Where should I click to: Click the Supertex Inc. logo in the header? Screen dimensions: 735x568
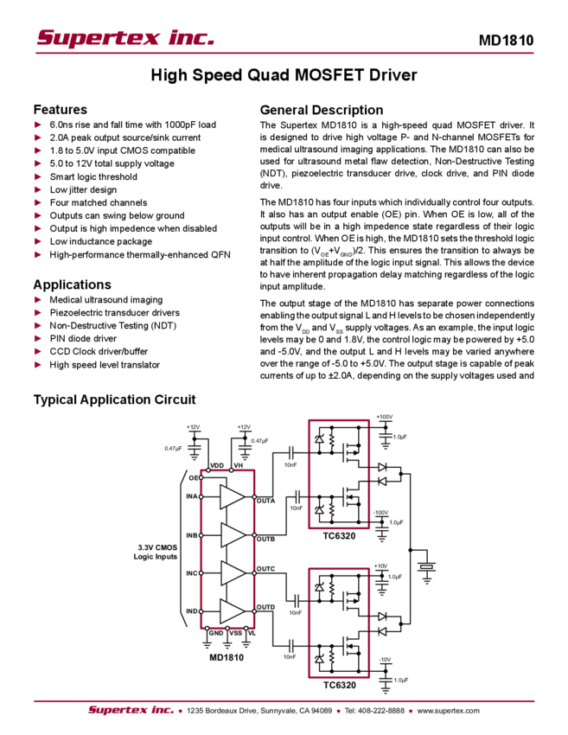(x=125, y=37)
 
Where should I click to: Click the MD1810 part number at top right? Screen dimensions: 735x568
(x=507, y=39)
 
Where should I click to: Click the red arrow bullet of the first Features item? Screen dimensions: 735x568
(x=37, y=125)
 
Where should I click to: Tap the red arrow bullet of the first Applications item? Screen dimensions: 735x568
(x=37, y=299)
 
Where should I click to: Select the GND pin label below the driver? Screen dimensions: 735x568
(x=216, y=634)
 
